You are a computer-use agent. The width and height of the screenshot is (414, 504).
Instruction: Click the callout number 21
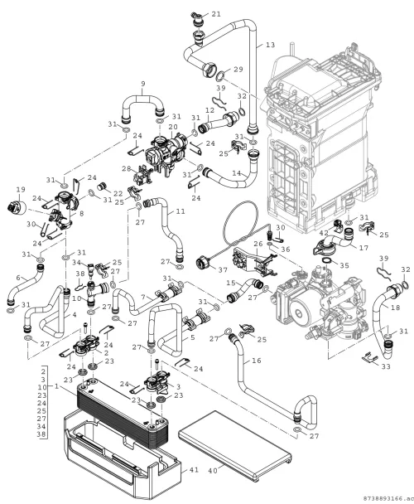(x=216, y=14)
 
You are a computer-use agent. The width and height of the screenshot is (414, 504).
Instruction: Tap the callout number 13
(x=271, y=45)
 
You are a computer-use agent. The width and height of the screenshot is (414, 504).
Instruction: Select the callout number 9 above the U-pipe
(x=143, y=84)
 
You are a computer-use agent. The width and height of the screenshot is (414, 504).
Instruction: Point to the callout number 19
(x=21, y=190)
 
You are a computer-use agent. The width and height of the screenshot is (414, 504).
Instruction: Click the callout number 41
(x=194, y=470)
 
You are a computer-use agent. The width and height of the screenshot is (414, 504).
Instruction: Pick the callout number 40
(x=213, y=471)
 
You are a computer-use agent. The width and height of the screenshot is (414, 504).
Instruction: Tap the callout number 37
(x=223, y=270)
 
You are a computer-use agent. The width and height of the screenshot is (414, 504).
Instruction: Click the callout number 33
(x=386, y=366)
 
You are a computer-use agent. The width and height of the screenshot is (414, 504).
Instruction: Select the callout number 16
(x=257, y=361)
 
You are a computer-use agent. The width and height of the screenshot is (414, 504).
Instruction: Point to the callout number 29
(x=238, y=69)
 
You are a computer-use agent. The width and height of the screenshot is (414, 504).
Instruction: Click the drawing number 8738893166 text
(x=383, y=498)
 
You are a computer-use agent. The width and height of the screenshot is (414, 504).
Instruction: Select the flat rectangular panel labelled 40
(x=235, y=445)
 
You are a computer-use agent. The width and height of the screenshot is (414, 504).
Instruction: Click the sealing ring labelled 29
(x=221, y=76)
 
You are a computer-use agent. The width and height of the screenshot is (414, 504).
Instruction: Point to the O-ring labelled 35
(x=326, y=260)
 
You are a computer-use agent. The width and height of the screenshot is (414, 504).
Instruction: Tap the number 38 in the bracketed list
(x=42, y=434)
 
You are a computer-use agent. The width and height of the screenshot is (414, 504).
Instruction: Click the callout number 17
(x=364, y=248)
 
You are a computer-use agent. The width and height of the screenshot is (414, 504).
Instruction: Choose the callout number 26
(x=258, y=244)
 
